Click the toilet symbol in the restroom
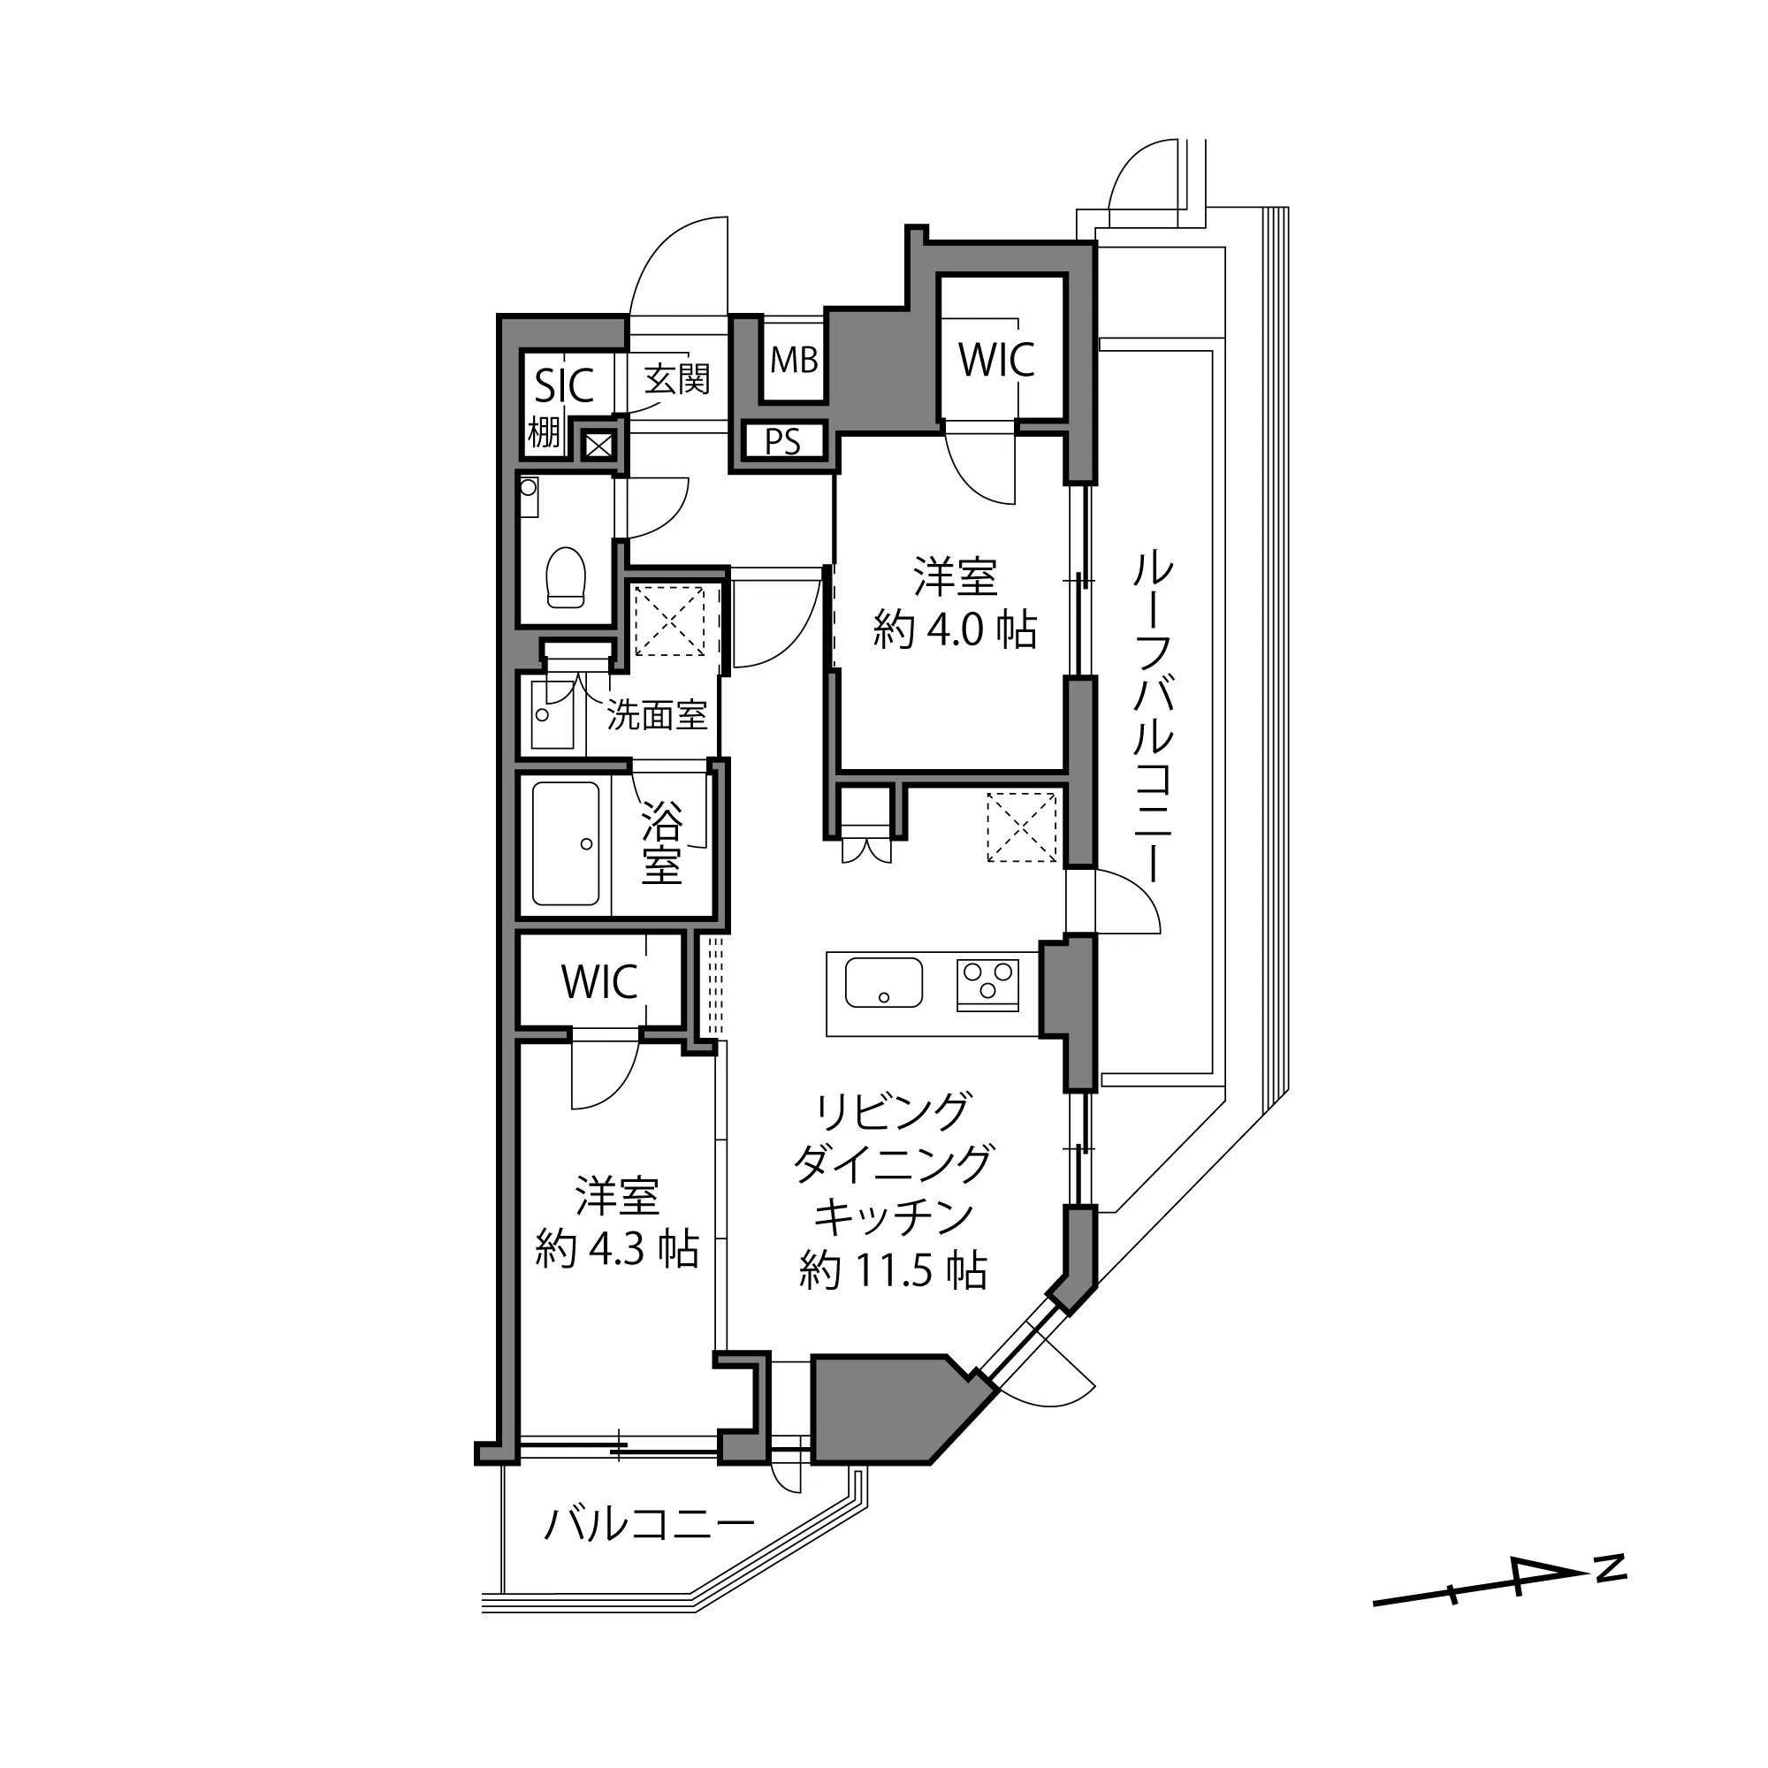(x=565, y=577)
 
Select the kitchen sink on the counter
(x=883, y=982)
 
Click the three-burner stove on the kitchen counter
(x=987, y=983)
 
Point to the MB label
(x=794, y=361)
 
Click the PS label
(x=782, y=442)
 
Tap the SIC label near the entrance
(x=564, y=385)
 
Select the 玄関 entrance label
(x=677, y=378)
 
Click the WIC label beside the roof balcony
(x=996, y=360)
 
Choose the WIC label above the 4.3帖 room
(x=599, y=983)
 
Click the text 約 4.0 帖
(x=955, y=630)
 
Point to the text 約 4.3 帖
(x=617, y=1248)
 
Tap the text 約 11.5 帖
(x=892, y=1271)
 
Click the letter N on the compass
(x=1611, y=1567)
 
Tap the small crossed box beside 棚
(x=597, y=446)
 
